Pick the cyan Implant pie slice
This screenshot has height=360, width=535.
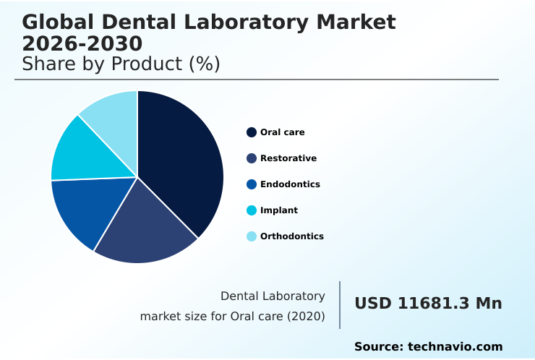click(x=80, y=152)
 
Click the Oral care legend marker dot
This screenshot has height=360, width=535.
click(x=252, y=132)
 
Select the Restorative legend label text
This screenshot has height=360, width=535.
click(x=288, y=158)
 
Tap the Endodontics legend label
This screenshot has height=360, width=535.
click(x=290, y=184)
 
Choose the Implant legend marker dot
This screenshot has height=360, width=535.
click(x=252, y=210)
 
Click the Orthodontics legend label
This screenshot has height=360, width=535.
click(x=291, y=236)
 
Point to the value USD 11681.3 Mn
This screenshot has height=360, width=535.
click(x=428, y=304)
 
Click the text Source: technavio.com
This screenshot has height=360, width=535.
click(x=428, y=347)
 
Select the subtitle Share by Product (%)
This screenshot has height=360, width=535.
click(x=121, y=64)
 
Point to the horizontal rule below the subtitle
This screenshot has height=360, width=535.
click(x=257, y=80)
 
